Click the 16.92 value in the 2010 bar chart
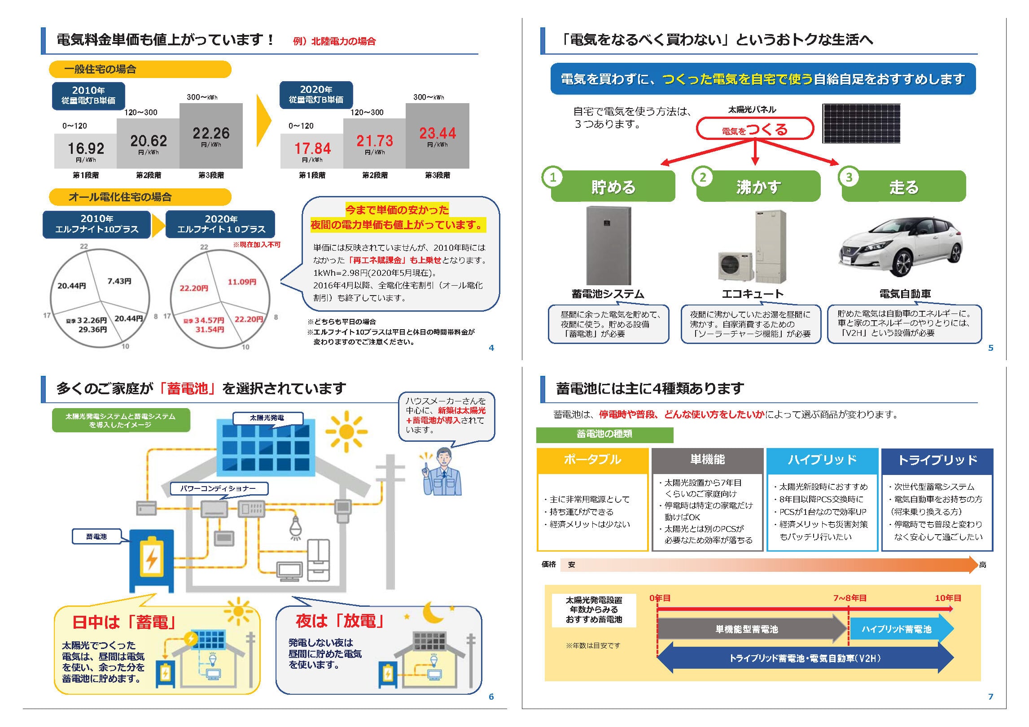[86, 148]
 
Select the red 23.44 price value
[438, 133]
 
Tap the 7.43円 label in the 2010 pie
[119, 281]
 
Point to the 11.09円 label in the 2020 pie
[242, 282]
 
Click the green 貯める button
[613, 186]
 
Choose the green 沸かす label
[758, 186]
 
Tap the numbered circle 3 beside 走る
[849, 177]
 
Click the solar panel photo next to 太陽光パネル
[861, 123]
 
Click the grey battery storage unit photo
[609, 245]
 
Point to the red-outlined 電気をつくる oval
[755, 129]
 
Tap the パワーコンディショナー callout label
[219, 488]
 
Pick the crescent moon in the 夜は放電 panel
[433, 612]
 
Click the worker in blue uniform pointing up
[442, 471]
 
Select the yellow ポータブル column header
[592, 460]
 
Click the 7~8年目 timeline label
[850, 598]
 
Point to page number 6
[491, 697]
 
